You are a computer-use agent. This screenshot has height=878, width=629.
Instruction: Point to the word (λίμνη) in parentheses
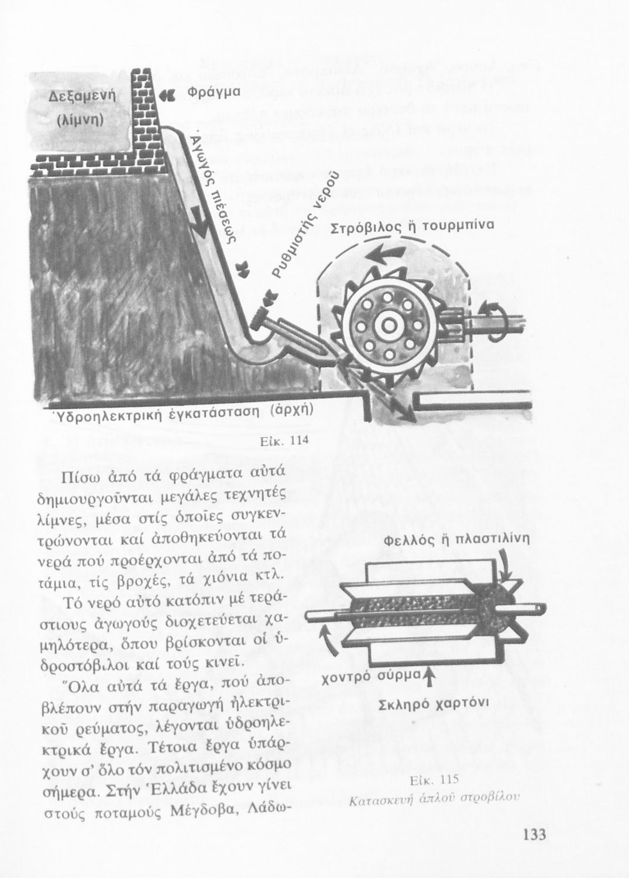click(80, 120)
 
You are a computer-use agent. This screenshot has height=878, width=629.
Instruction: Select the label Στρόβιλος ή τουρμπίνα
click(413, 227)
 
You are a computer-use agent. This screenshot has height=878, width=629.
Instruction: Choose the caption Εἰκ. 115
click(433, 780)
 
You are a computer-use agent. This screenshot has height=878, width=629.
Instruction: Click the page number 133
click(533, 834)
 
